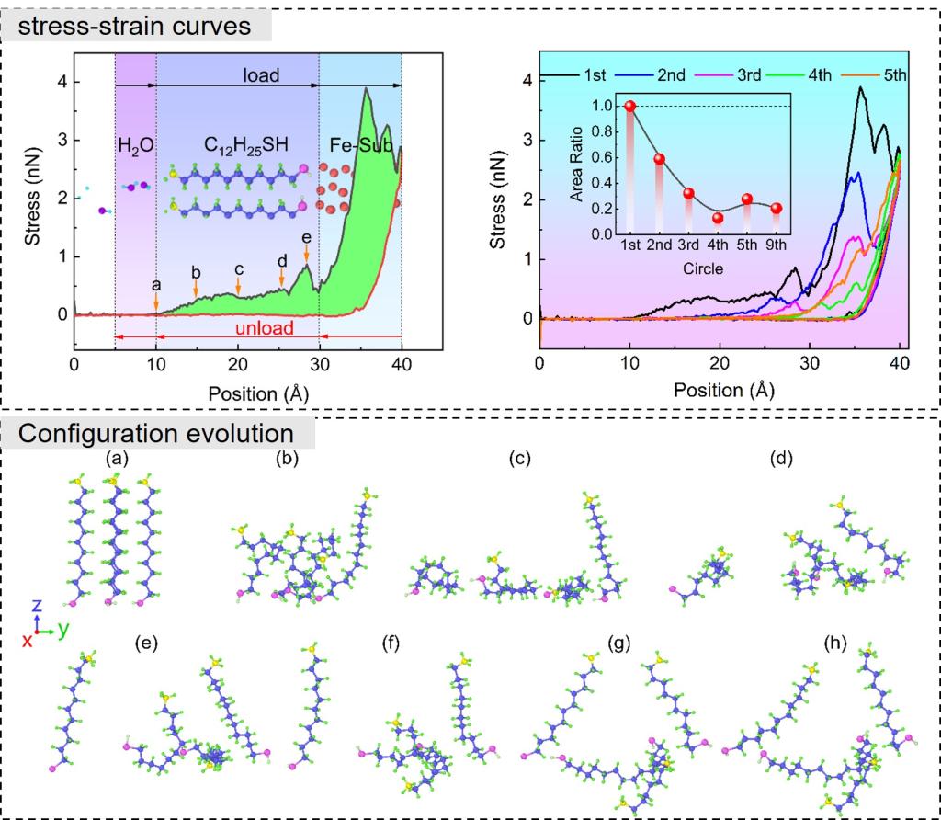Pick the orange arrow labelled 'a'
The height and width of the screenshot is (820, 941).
pyautogui.click(x=156, y=299)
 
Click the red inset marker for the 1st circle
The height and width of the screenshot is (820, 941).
pyautogui.click(x=630, y=106)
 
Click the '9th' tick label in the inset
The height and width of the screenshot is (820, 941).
pyautogui.click(x=777, y=245)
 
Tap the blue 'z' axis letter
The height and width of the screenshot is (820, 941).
pyautogui.click(x=36, y=606)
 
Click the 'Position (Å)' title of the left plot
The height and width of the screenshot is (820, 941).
pyautogui.click(x=238, y=393)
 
